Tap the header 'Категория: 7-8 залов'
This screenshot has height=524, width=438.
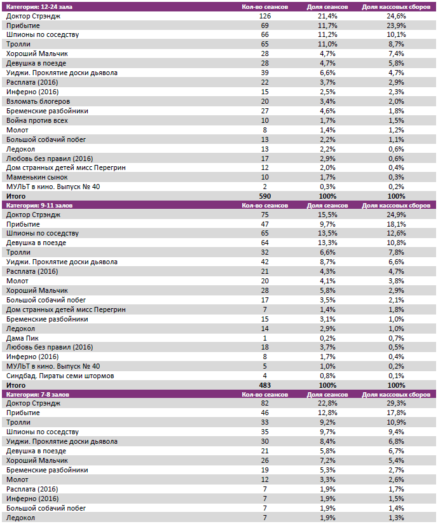pyautogui.click(x=36, y=395)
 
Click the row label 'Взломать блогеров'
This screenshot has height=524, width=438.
pyautogui.click(x=38, y=101)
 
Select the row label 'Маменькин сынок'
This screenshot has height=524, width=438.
pyautogui.click(x=37, y=177)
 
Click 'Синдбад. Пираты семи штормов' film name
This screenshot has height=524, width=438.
pyautogui.click(x=60, y=376)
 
